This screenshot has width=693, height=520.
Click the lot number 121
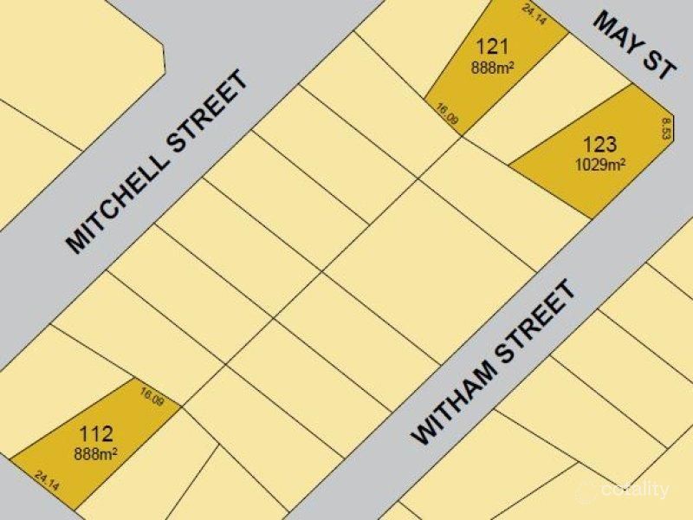(491, 47)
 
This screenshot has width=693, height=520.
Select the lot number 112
(95, 433)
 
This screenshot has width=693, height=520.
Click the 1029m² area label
(600, 162)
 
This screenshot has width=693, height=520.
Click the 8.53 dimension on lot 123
(665, 129)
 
